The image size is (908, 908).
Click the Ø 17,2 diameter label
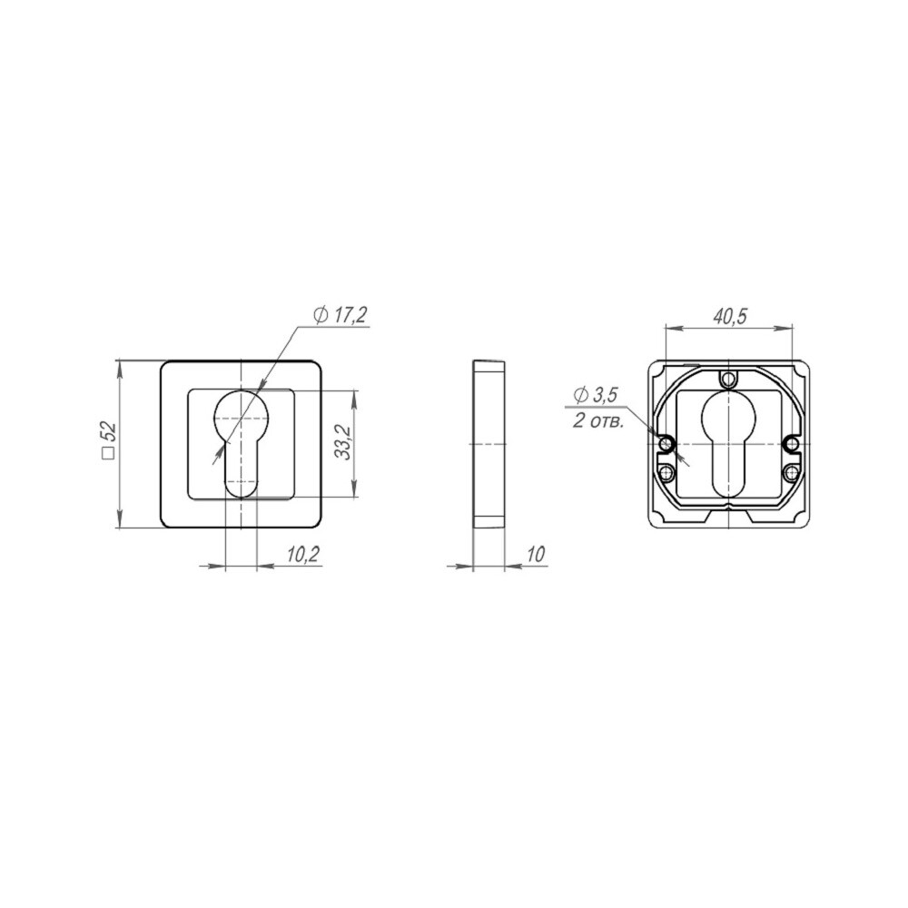click(x=340, y=316)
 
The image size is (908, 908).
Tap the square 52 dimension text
click(x=109, y=441)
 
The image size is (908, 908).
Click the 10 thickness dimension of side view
click(x=537, y=554)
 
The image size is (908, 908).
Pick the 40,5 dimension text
click(x=729, y=316)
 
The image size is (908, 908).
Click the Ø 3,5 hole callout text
click(x=596, y=396)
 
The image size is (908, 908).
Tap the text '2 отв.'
click(x=598, y=421)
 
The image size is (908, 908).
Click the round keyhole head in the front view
click(x=240, y=415)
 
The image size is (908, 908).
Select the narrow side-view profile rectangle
click(x=489, y=444)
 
